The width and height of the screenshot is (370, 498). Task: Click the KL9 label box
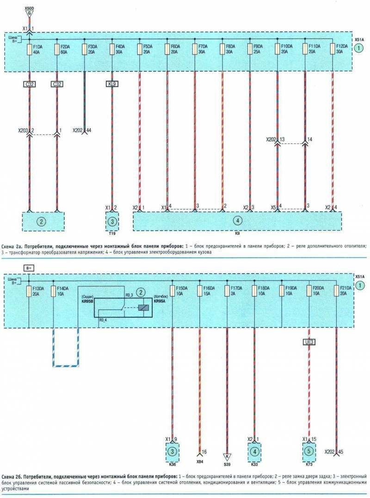[112, 85]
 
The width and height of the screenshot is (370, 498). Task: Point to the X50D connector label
[29, 9]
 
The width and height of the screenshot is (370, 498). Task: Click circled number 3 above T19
[111, 221]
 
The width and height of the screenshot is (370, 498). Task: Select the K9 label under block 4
[237, 234]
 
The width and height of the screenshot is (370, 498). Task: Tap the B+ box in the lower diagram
[29, 268]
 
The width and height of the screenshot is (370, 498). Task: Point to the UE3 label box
[309, 342]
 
